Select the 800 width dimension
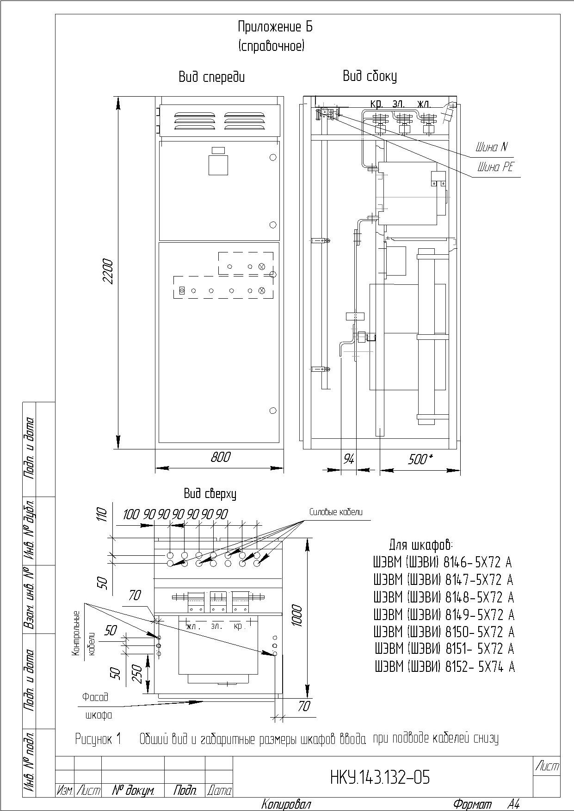220,457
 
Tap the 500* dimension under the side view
420,459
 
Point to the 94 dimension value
349,459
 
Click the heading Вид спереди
212,77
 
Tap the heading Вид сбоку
370,76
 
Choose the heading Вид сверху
210,494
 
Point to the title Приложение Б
275,27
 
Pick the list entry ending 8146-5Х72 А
443,563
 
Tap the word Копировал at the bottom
286,804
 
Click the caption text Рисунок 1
98,739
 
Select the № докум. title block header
133,791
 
